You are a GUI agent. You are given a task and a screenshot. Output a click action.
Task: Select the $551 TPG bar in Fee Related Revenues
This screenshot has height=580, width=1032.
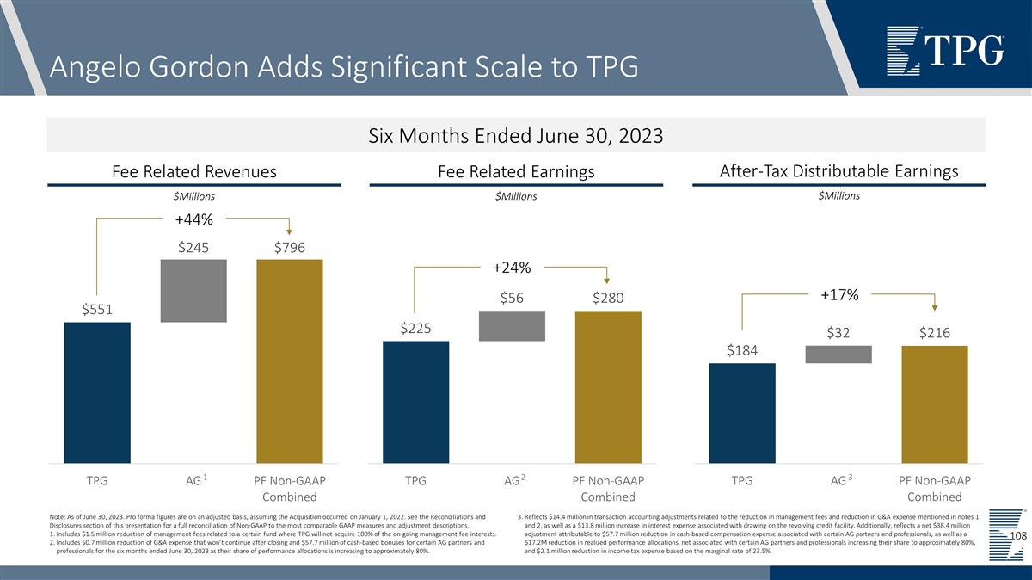(x=97, y=392)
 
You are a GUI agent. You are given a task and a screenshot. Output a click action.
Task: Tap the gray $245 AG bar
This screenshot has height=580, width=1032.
(x=193, y=291)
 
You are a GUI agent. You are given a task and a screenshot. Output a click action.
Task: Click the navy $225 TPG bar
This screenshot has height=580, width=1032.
(x=415, y=402)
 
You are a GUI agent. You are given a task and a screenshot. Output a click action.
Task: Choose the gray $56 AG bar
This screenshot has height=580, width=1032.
(x=512, y=325)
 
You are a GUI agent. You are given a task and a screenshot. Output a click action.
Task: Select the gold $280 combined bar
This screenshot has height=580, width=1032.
(x=608, y=386)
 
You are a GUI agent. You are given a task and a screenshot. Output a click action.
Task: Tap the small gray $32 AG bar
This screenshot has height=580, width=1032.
(x=838, y=354)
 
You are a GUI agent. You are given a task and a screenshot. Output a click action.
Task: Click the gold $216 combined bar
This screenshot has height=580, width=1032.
(x=935, y=404)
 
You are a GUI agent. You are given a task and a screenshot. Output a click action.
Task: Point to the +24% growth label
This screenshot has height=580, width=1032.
(x=512, y=268)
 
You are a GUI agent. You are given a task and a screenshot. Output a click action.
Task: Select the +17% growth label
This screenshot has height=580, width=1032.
(x=838, y=295)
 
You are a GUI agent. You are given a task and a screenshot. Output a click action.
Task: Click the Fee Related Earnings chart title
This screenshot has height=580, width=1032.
(x=516, y=172)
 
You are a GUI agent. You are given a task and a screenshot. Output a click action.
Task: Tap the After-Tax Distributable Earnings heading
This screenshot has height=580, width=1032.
(x=838, y=170)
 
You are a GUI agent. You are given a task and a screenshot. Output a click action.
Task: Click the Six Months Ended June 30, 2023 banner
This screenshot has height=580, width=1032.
(x=516, y=136)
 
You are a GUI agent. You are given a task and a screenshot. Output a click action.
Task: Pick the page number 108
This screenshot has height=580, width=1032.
(x=1018, y=536)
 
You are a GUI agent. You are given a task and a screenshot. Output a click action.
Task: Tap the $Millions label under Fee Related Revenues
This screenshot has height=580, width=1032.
(x=193, y=196)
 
